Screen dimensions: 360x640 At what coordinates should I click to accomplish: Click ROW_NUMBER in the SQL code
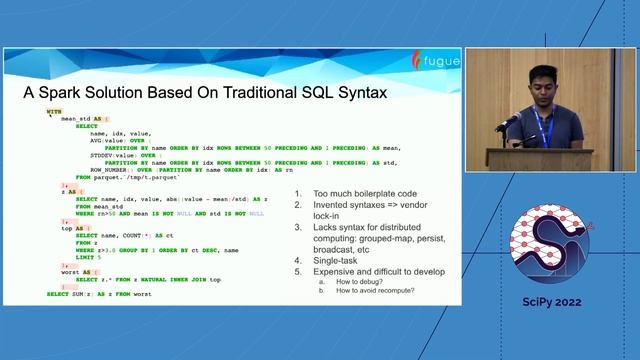click(x=111, y=169)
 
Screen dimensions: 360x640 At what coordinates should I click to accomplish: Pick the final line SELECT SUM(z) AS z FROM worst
click(x=99, y=295)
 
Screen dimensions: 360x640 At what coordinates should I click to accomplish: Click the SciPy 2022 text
click(x=551, y=302)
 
